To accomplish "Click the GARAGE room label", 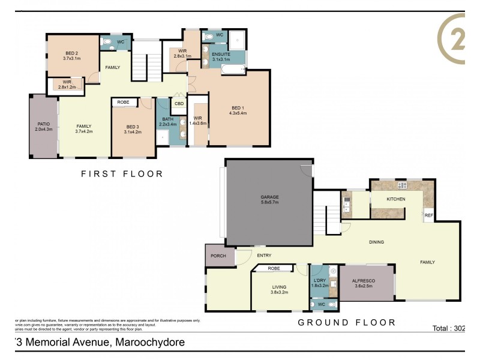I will tap(269, 197).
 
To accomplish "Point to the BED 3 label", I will tap(133, 127).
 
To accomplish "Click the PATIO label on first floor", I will tap(44, 125).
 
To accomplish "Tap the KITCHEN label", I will tap(395, 199).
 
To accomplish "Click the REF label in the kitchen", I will tap(428, 215).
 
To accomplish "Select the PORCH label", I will tap(219, 255).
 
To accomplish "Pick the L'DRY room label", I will tap(319, 280).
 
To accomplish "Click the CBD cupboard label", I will tap(179, 104).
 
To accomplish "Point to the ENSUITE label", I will tap(221, 55).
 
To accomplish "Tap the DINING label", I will tap(376, 242).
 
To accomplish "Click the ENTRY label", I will tap(264, 256).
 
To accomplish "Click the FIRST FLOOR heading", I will tap(122, 174).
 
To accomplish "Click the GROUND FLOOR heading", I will tap(347, 323).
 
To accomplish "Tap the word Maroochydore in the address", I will tap(149, 343).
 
